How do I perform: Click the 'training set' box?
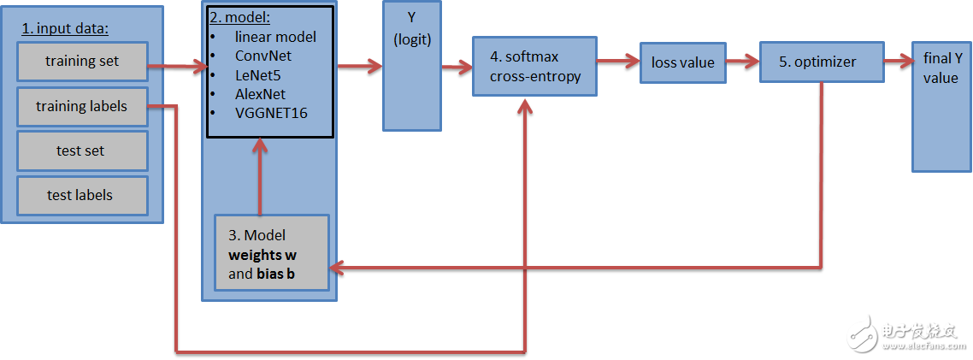click(82, 62)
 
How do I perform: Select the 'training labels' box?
click(82, 107)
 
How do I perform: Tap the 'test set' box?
click(82, 151)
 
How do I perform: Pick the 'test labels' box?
click(82, 196)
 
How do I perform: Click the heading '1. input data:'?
click(65, 28)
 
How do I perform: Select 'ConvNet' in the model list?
click(263, 56)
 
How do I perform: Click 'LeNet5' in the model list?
click(259, 75)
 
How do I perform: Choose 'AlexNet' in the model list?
click(261, 94)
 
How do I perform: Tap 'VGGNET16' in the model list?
click(271, 113)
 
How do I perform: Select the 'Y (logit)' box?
click(412, 68)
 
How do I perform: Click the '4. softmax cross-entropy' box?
click(534, 67)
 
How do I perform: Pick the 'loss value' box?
click(682, 62)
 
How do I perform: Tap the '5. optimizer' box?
click(817, 62)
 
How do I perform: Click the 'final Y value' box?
click(941, 106)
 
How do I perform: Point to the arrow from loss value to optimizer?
click(742, 61)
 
